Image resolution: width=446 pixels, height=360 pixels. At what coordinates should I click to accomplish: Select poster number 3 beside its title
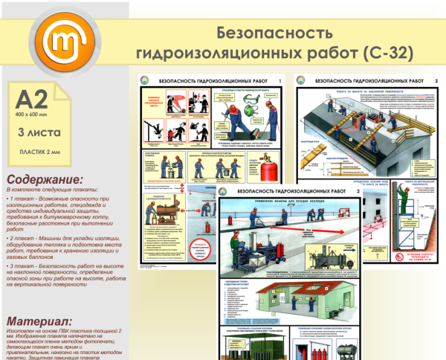pos(436,80)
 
